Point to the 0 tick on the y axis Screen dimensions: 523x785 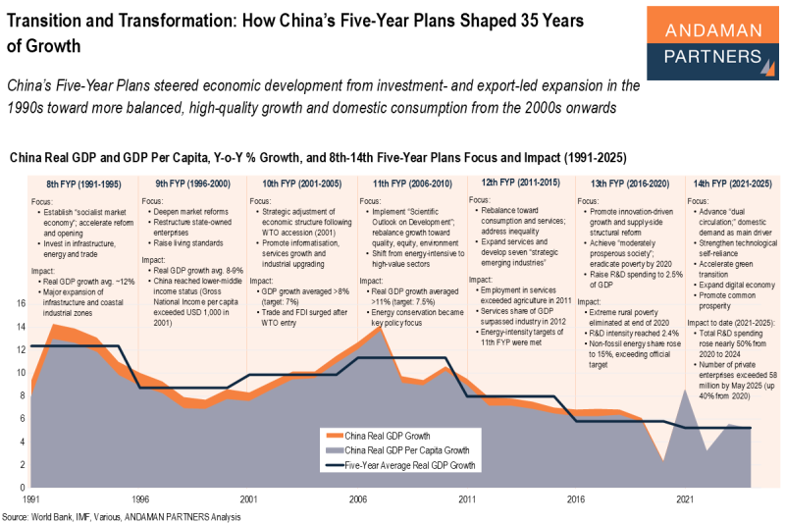(23, 487)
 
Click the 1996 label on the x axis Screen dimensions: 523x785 (141, 498)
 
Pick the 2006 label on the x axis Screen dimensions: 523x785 (357, 498)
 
